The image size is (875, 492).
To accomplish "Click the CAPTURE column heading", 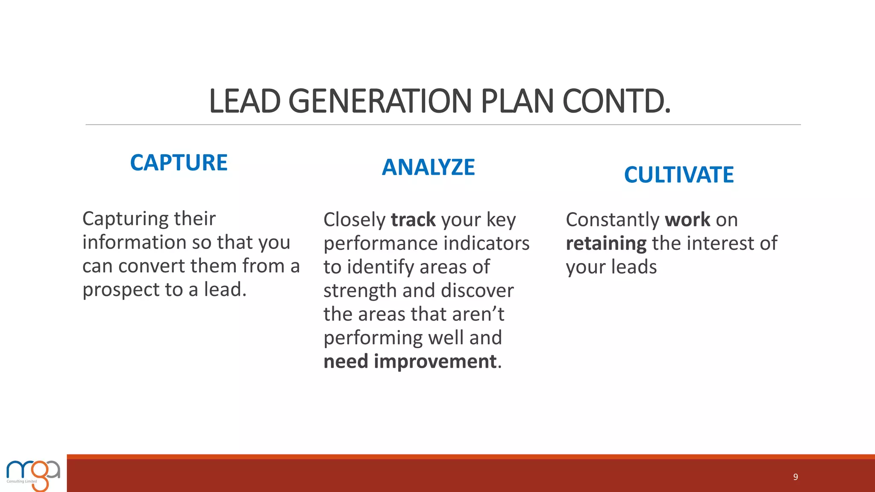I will (179, 163).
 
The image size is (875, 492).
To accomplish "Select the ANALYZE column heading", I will (428, 167).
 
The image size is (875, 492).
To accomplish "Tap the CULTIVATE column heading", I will (678, 175).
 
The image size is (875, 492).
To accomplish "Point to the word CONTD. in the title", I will (616, 102).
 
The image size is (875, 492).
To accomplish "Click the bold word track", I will (413, 220).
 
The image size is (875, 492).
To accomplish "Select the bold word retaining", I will (606, 244).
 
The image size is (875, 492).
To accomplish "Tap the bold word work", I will (687, 220).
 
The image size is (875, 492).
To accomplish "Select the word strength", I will (360, 291).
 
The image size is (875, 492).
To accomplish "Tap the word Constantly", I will (612, 220).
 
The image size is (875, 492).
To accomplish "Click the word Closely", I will (354, 220).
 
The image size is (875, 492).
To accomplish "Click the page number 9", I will (796, 477).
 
